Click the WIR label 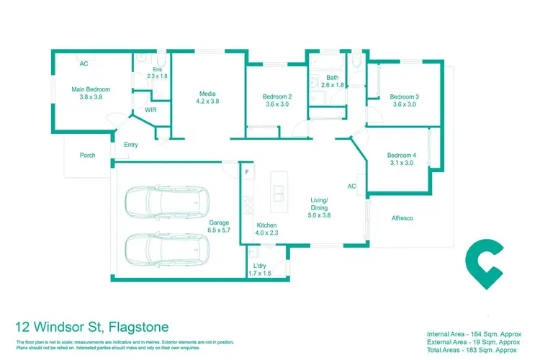click(x=151, y=109)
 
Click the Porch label click(x=87, y=155)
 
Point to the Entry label click(x=130, y=145)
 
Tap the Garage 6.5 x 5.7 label click(x=219, y=228)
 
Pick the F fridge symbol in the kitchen click(x=247, y=172)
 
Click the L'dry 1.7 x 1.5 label click(x=260, y=269)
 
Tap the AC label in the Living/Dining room click(x=352, y=186)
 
